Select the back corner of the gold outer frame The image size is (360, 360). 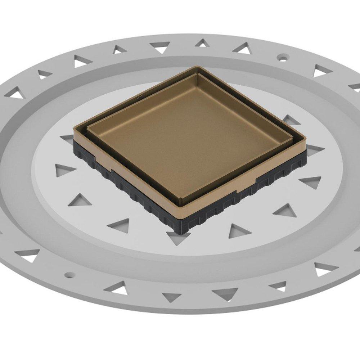(196, 67)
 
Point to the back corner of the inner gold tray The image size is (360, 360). (197, 75)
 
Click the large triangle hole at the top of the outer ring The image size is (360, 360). (160, 46)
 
